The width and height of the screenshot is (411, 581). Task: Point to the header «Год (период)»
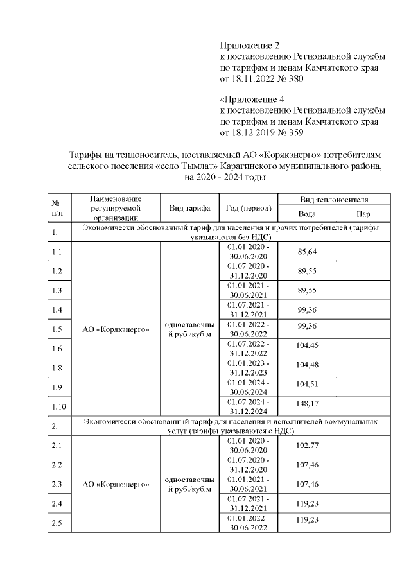[249, 208]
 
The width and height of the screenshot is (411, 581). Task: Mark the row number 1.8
[57, 368]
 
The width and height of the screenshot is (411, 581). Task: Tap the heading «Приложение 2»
[250, 46]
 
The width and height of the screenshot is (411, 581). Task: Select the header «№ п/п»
[57, 208]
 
